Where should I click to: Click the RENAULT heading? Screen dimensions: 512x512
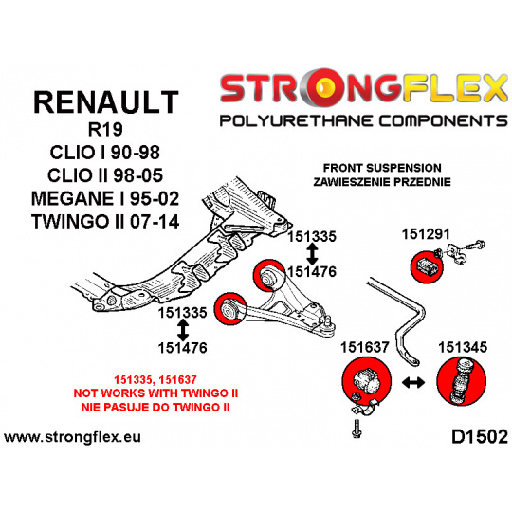tap(106, 102)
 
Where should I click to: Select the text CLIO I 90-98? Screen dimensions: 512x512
tap(105, 152)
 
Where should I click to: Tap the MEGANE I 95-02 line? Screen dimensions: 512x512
tap(105, 198)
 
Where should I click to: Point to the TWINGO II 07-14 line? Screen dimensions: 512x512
tap(105, 221)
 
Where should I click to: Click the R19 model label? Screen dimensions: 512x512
tap(105, 129)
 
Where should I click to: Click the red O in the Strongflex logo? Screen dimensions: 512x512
tap(323, 88)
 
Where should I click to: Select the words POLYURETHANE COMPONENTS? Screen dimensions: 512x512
tap(363, 120)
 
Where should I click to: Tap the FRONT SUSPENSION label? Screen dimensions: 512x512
tap(382, 168)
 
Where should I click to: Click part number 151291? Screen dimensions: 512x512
tap(426, 234)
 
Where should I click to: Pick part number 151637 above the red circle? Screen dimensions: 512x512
tap(365, 347)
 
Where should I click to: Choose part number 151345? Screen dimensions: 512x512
tap(463, 347)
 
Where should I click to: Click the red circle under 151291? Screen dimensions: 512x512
tap(427, 267)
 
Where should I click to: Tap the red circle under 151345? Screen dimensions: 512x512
tap(462, 381)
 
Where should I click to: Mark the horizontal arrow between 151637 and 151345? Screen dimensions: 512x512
tap(413, 382)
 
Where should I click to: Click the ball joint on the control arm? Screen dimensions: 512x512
tap(328, 323)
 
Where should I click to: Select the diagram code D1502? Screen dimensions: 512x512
tap(480, 436)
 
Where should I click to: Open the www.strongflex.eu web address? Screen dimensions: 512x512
tap(72, 437)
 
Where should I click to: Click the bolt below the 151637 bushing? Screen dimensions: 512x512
tap(357, 428)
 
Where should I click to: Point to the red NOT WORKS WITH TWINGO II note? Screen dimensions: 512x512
tap(155, 393)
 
